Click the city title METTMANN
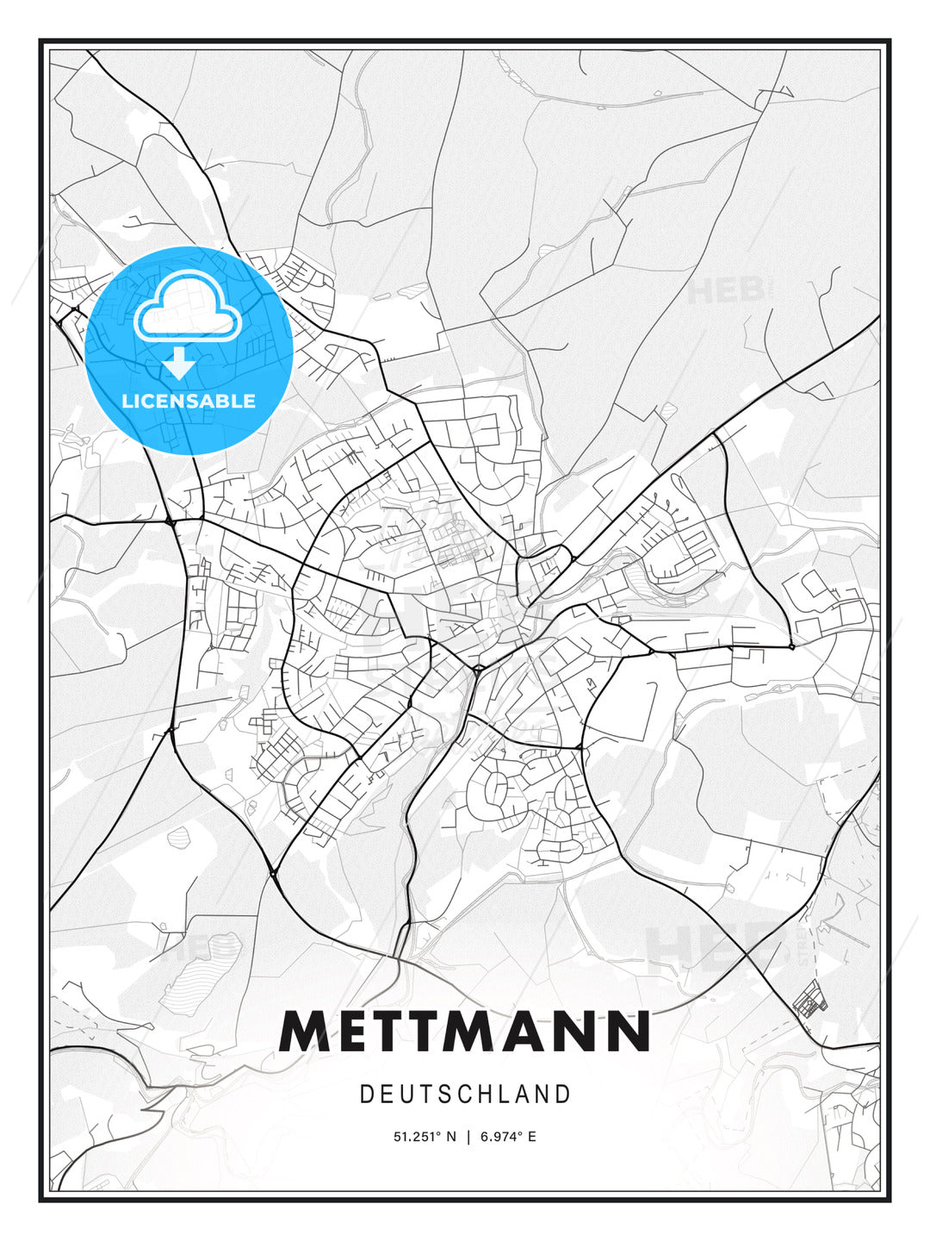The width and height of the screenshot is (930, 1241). [465, 1032]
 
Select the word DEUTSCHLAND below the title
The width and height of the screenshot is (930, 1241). [465, 1094]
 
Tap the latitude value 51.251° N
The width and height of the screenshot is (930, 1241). [425, 1137]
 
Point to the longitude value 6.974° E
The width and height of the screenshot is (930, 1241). [509, 1137]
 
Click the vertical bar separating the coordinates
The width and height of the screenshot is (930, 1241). [468, 1137]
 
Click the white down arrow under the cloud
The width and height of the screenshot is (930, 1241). [179, 364]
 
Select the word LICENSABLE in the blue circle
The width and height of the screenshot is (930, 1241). [189, 402]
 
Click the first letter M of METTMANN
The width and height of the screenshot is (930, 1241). [303, 1032]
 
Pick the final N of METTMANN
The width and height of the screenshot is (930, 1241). [628, 1032]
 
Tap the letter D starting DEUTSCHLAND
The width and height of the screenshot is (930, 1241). [366, 1094]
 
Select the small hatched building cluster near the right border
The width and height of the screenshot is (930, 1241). [809, 1003]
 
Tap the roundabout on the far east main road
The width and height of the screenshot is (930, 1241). [790, 645]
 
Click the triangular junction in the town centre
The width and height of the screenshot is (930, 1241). [476, 667]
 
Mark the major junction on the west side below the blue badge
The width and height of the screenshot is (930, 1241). [171, 521]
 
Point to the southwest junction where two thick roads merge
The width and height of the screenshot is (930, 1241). [274, 873]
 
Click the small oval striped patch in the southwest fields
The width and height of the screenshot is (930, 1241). [181, 835]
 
